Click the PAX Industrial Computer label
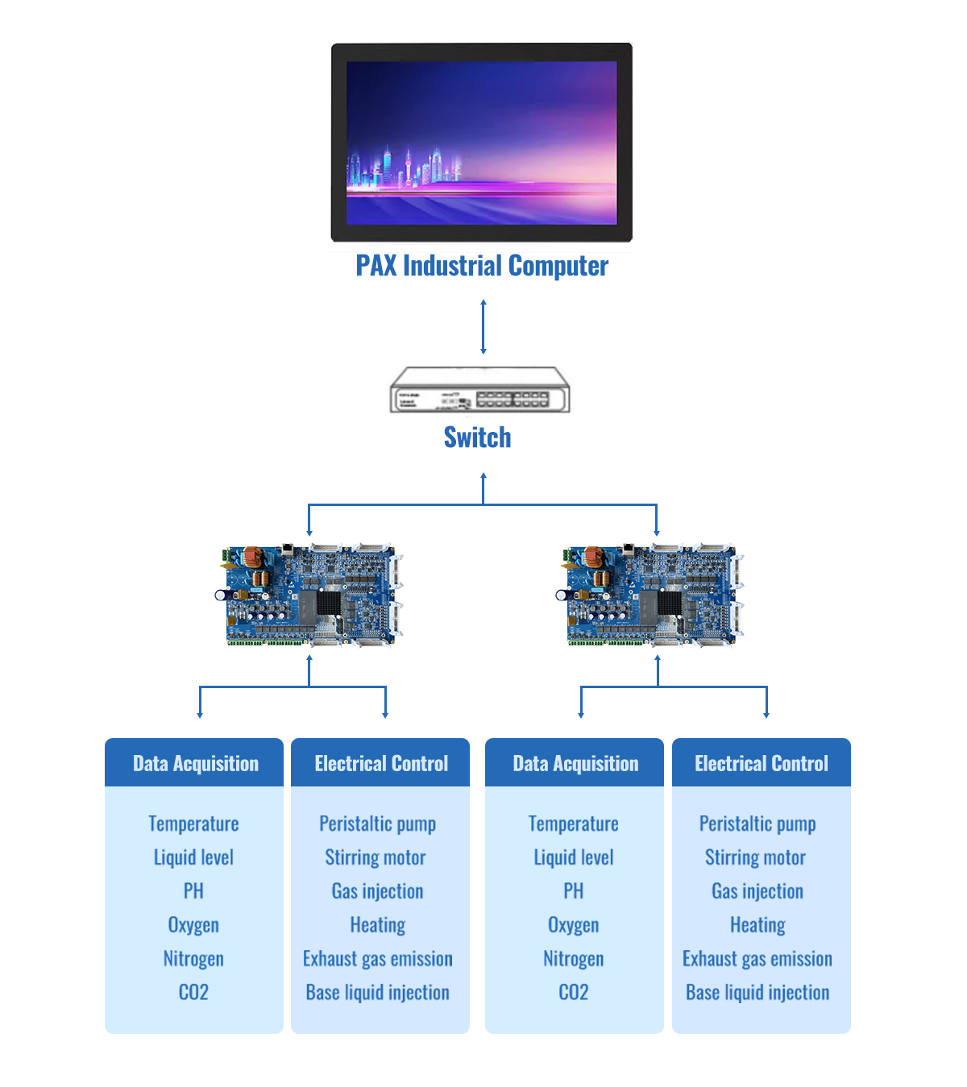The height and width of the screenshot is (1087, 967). (482, 266)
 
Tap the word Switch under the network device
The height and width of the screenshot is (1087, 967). (477, 437)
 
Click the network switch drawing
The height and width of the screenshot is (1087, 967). (479, 389)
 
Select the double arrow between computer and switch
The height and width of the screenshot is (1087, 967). (483, 326)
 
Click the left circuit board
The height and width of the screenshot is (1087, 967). (309, 595)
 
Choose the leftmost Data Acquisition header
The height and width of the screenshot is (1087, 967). (195, 763)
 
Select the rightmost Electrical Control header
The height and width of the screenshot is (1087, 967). (761, 763)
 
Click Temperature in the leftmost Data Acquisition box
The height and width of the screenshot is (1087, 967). (193, 824)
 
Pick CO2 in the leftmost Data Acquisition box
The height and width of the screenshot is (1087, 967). (193, 992)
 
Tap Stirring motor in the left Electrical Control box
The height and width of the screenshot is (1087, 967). (375, 857)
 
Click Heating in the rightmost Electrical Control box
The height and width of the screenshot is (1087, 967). (757, 925)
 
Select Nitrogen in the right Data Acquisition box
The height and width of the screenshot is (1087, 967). (573, 959)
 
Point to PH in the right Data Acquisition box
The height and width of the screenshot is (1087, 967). (573, 891)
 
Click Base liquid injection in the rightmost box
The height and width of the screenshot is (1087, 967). (757, 993)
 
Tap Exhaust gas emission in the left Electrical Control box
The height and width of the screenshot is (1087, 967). (377, 959)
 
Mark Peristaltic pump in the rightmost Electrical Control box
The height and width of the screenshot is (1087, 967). (757, 824)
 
